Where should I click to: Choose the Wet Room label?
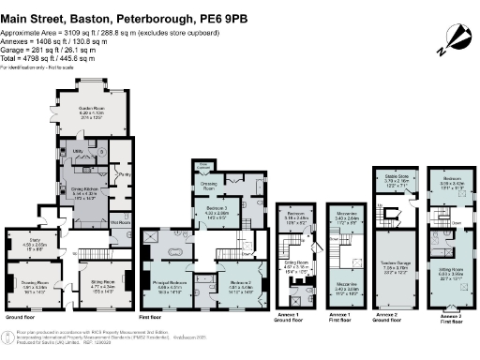[121, 223]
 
